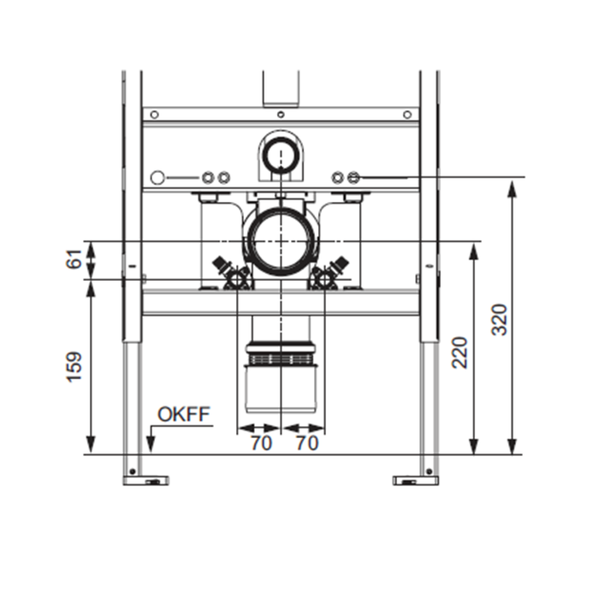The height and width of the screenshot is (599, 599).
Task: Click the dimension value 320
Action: pos(499,319)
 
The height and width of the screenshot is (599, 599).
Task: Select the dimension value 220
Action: pos(460,352)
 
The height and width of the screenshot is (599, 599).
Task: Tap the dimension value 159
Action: pos(74,367)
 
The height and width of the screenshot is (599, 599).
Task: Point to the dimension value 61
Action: pos(74,258)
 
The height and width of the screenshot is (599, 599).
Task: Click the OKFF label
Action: pos(184,414)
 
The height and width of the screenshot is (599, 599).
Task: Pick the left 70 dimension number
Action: pos(261,443)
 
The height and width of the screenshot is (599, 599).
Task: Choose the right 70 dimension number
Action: pos(307,443)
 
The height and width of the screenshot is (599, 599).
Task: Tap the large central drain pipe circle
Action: pos(281,241)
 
